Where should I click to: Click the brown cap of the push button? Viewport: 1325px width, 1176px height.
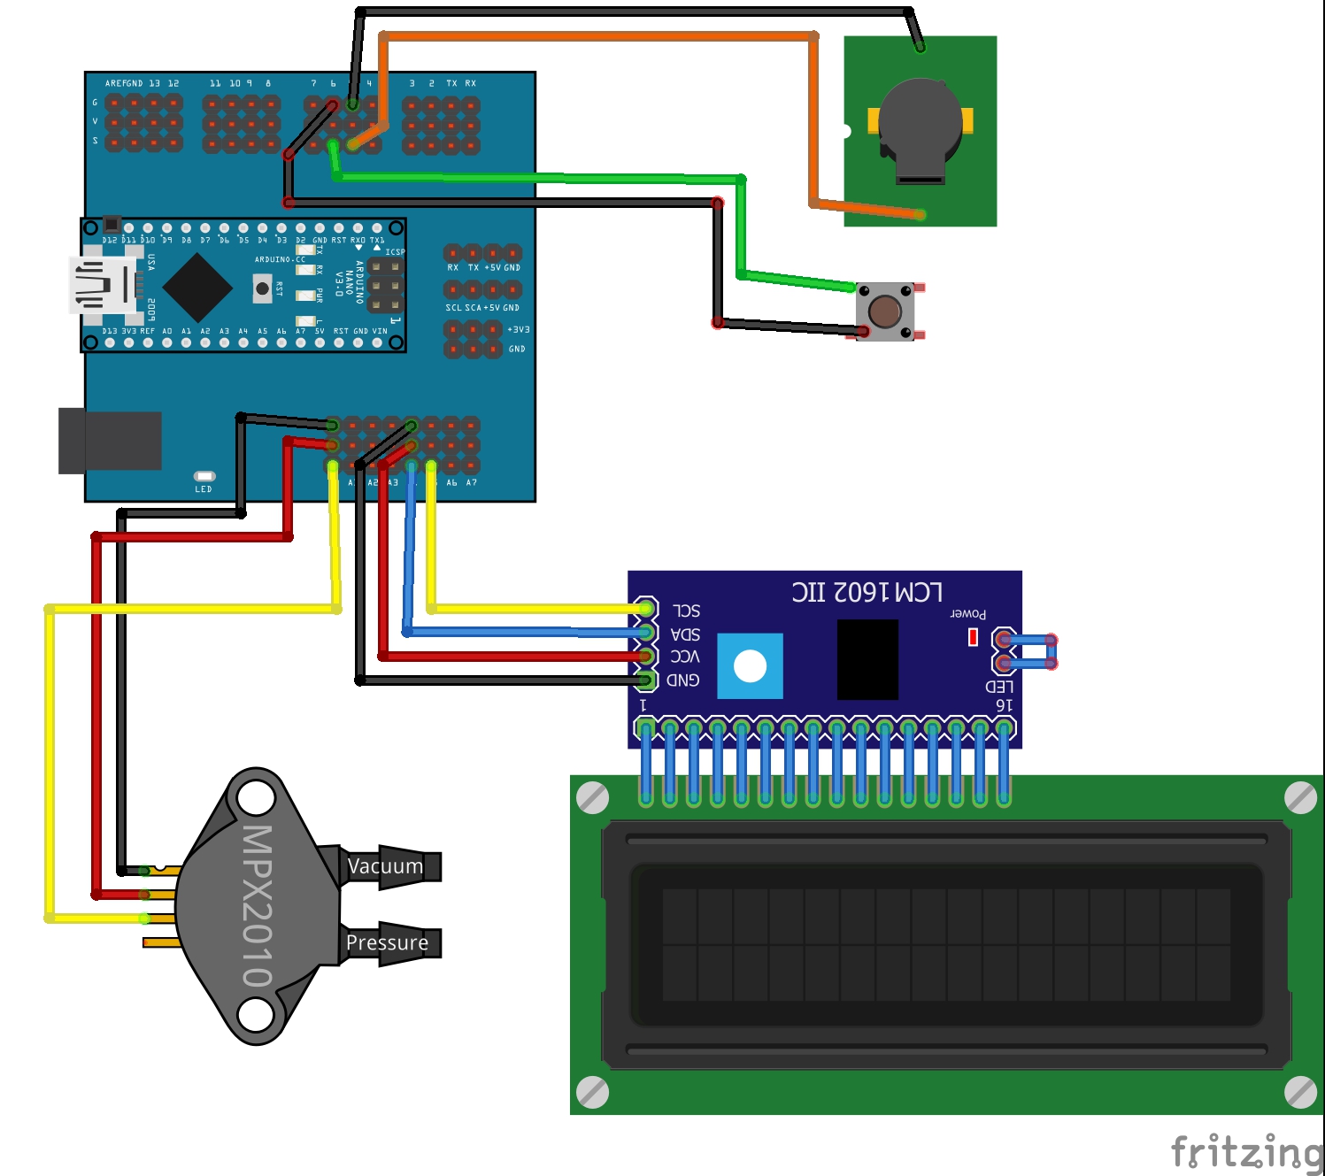coord(884,311)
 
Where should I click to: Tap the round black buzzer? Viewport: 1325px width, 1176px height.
coord(920,124)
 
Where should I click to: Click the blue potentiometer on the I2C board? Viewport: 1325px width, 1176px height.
coord(750,666)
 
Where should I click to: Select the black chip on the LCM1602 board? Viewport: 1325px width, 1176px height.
coord(867,659)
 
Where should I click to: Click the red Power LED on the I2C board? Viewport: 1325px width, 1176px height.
coord(973,637)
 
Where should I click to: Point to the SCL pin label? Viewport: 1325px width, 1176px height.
coord(686,611)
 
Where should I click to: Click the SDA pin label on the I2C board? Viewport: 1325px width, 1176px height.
coord(685,634)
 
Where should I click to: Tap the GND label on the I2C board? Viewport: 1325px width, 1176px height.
coord(682,680)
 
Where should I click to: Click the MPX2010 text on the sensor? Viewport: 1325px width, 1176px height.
coord(257,906)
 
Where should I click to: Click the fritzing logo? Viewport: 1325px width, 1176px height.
coord(1245,1152)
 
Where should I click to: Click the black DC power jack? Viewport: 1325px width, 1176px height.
coord(110,441)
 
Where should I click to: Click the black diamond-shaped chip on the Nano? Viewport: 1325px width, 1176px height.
coord(197,288)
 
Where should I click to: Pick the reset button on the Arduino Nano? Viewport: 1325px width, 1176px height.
coord(262,288)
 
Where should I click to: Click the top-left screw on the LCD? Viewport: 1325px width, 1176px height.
coord(592,797)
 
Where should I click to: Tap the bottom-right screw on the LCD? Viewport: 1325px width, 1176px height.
coord(1299,1092)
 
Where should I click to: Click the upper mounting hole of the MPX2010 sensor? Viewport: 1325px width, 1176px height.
coord(256,797)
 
